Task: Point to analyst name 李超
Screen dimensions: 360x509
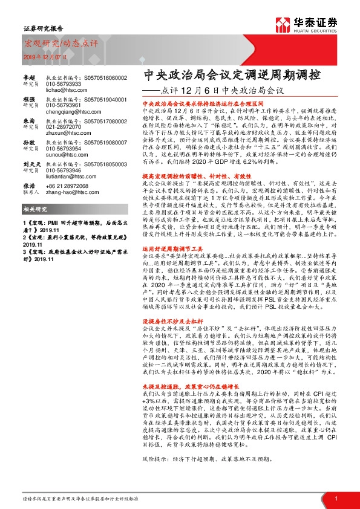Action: point(29,78)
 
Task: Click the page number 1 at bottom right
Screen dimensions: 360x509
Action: point(335,499)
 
